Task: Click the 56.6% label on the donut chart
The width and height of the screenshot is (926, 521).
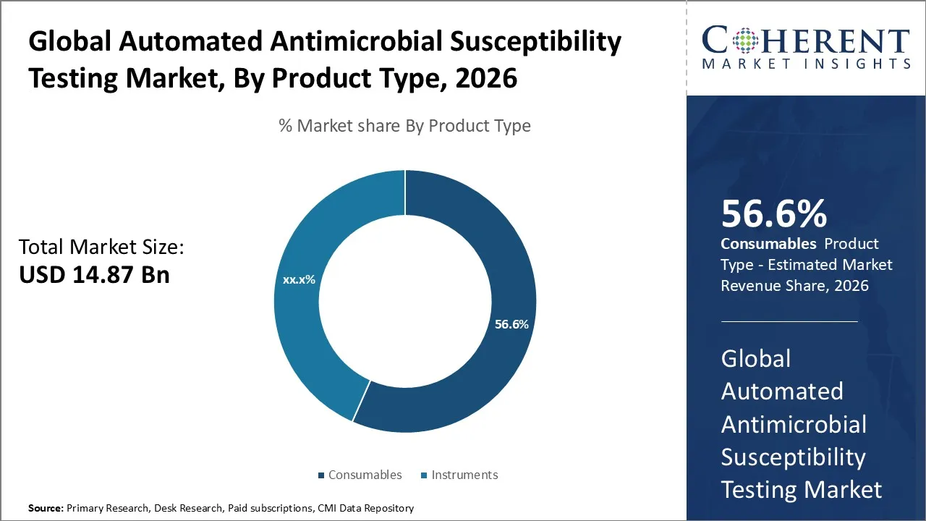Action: coord(511,324)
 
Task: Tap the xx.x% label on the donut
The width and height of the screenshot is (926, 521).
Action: coord(299,279)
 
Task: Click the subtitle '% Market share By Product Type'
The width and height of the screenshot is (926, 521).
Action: coord(404,126)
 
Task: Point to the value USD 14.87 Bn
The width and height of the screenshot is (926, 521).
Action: coord(94,275)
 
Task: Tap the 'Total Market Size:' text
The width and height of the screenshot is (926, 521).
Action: coord(101,247)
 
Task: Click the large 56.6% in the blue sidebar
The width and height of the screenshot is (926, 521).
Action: coord(773,214)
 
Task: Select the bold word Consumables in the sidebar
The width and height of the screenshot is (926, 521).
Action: coord(768,244)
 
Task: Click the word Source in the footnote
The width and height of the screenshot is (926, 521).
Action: coord(45,508)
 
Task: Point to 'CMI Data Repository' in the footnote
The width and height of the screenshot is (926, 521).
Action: coord(365,508)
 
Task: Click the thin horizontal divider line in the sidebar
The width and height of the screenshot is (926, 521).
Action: coord(789,321)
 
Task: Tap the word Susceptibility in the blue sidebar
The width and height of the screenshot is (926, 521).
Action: coord(793,457)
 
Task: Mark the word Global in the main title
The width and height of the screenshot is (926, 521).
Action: coord(69,42)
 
